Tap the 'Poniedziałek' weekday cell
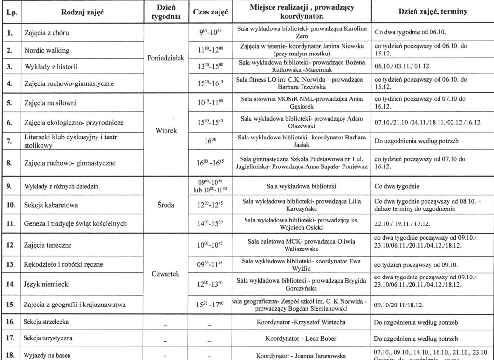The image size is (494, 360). pyautogui.click(x=165, y=58)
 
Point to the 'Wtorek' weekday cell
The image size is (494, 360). pyautogui.click(x=165, y=131)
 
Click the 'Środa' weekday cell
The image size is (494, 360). pyautogui.click(x=165, y=205)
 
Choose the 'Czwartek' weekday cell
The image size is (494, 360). pyautogui.click(x=165, y=274)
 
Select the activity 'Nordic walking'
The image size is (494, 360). pyautogui.click(x=47, y=50)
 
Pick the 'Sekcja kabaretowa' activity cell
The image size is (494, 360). pyautogui.click(x=51, y=205)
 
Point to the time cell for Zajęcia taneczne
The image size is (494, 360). pyautogui.click(x=210, y=245)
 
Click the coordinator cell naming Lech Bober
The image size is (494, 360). pyautogui.click(x=301, y=338)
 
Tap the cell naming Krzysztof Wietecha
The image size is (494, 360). pyautogui.click(x=301, y=322)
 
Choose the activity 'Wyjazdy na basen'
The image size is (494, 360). pyautogui.click(x=48, y=356)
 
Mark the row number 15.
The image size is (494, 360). pyautogui.click(x=9, y=304)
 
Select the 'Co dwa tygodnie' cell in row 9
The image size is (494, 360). pyautogui.click(x=396, y=186)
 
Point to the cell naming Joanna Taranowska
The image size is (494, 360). pyautogui.click(x=301, y=356)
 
